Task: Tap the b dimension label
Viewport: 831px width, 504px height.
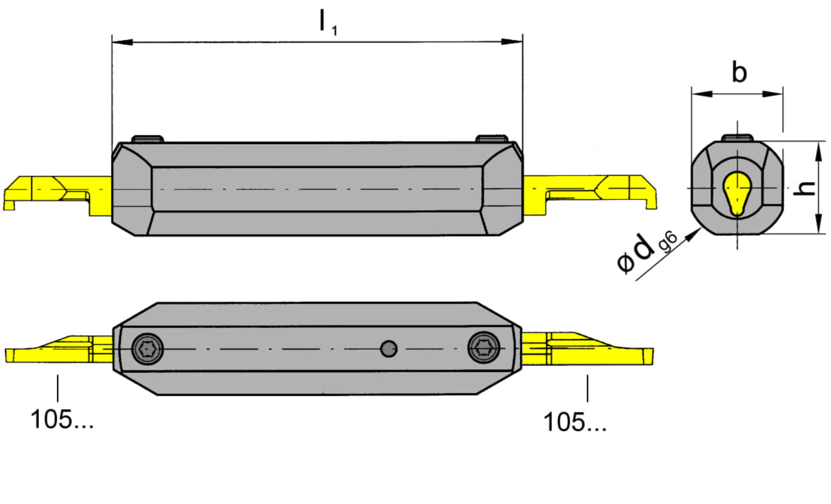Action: click(739, 72)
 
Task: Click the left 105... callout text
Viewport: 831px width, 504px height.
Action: click(62, 419)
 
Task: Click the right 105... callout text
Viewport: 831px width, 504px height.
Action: click(575, 422)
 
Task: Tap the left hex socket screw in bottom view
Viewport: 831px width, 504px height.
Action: click(147, 349)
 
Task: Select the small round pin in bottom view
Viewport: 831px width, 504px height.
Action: click(389, 349)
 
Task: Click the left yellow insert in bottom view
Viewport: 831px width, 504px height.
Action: click(59, 350)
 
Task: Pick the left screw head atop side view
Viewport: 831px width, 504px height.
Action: click(147, 139)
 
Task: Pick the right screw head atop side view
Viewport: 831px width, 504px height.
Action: click(491, 138)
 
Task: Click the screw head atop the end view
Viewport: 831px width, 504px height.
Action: click(737, 138)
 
